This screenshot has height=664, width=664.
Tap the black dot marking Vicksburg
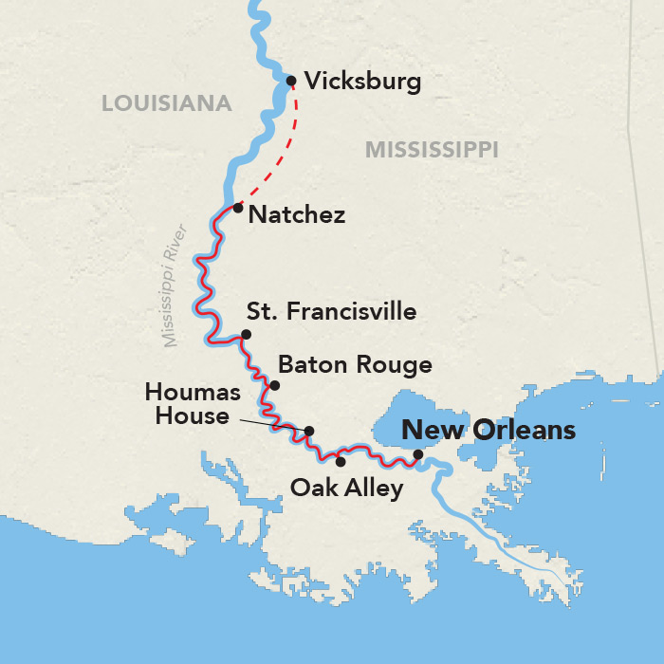(291, 81)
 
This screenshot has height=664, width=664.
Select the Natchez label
(295, 215)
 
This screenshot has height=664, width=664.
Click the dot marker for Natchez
(238, 207)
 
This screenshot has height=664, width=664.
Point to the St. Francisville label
(331, 311)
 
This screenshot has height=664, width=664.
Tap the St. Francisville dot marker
(246, 334)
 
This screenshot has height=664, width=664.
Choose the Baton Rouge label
(354, 365)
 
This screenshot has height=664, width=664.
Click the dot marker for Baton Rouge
(274, 385)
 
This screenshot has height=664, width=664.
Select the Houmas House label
(187, 403)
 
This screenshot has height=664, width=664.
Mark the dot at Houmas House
(308, 431)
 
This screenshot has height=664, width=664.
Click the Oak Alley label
(346, 489)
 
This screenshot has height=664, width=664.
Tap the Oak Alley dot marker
(340, 462)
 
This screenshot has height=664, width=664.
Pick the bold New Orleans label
(489, 430)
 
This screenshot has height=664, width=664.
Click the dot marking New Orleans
(418, 454)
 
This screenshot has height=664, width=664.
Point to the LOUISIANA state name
(166, 104)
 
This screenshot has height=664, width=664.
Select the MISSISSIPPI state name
(432, 149)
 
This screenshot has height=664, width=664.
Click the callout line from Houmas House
(270, 424)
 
